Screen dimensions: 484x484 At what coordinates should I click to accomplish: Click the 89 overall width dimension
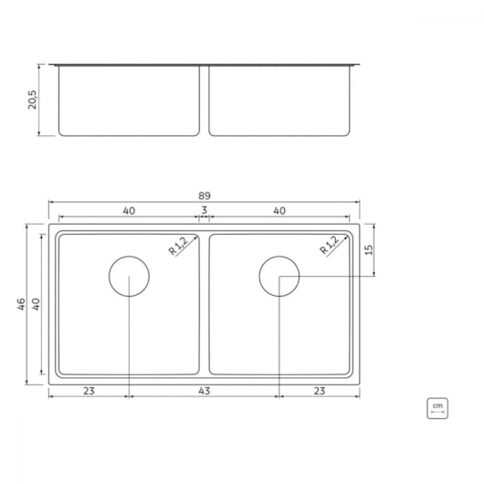tap(205, 195)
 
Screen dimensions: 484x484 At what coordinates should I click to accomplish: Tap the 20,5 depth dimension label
tap(32, 100)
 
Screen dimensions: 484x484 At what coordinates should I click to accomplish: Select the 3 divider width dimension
tap(205, 210)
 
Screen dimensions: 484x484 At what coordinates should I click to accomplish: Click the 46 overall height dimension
tap(21, 304)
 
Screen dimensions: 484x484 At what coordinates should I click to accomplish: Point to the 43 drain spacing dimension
tap(205, 391)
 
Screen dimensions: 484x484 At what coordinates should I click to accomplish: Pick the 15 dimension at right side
tap(369, 249)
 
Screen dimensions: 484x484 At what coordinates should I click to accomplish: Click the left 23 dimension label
tap(89, 391)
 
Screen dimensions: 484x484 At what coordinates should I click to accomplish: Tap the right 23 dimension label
tap(320, 391)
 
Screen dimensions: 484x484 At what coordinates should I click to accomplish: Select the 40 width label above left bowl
tap(129, 211)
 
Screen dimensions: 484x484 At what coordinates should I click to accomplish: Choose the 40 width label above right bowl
tap(279, 211)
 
